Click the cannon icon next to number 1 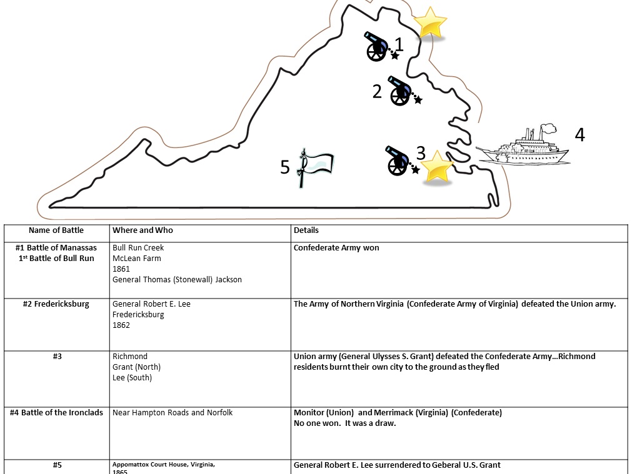coord(377,46)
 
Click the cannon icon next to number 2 coord(400,91)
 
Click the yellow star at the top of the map coord(430,23)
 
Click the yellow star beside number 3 coord(437,167)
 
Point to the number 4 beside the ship coord(579,135)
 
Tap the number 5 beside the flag coord(285,167)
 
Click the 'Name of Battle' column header coord(56,230)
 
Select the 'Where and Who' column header coord(143,230)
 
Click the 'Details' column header coord(306,230)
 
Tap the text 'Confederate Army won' coord(336,248)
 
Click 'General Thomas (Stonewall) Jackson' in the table coord(177,280)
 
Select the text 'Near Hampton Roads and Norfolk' coord(173,413)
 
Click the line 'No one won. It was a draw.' coord(344,423)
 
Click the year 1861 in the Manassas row coord(121,269)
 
